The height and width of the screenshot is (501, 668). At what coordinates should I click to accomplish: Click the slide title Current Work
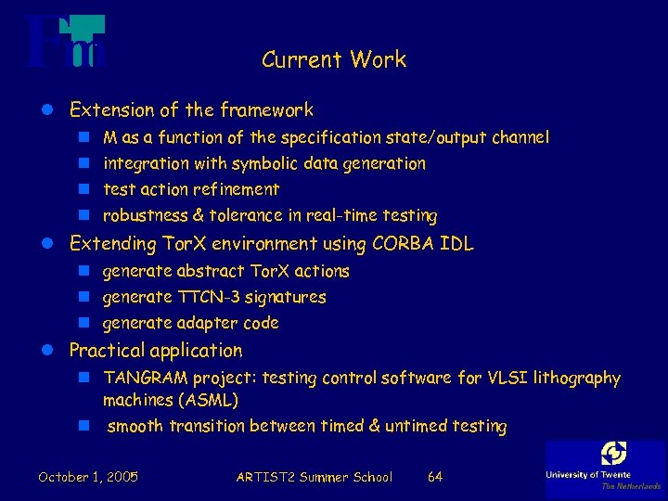[x=334, y=60]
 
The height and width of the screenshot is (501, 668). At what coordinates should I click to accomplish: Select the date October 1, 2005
[x=88, y=477]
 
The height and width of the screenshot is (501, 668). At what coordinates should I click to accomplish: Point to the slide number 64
[x=434, y=477]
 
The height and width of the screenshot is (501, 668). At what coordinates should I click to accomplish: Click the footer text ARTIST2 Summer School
[x=315, y=477]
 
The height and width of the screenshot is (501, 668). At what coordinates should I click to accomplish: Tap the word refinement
[x=236, y=189]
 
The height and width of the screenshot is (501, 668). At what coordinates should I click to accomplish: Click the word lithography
[x=575, y=378]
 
